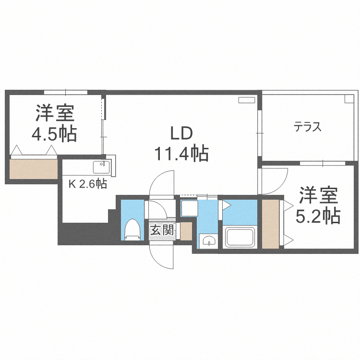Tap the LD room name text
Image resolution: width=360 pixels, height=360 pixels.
[x=180, y=133]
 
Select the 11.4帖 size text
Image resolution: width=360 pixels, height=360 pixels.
[x=180, y=154]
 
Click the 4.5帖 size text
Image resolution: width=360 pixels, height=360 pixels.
[x=54, y=134]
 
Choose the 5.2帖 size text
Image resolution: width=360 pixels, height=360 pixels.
[x=318, y=216]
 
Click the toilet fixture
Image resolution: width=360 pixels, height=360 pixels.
[x=132, y=229]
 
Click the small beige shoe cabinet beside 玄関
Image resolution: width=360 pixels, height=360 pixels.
[x=186, y=231]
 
